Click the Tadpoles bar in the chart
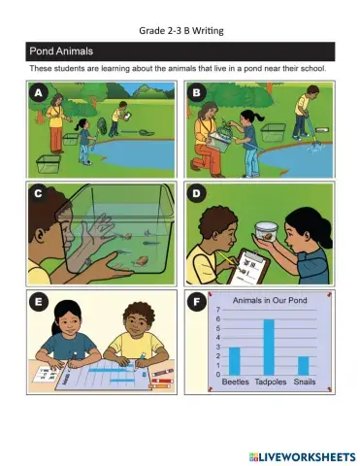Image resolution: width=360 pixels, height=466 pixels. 269,347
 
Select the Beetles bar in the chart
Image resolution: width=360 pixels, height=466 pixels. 235,361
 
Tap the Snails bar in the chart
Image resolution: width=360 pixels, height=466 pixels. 304,366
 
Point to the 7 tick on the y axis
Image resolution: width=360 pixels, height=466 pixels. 218,310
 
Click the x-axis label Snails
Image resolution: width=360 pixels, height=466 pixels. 305,382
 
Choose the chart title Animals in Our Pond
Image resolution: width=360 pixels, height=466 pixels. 270,300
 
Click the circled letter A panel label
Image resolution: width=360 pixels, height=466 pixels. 38,93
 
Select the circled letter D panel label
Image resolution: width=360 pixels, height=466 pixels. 196,193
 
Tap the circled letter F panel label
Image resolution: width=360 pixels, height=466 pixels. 196,302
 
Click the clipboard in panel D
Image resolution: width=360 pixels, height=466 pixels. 248,267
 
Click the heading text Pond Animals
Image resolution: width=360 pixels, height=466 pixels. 61,51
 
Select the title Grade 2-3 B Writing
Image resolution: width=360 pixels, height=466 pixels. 181,31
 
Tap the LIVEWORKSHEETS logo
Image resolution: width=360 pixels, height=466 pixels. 302,456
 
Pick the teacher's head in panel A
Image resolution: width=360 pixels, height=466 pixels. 56,100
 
